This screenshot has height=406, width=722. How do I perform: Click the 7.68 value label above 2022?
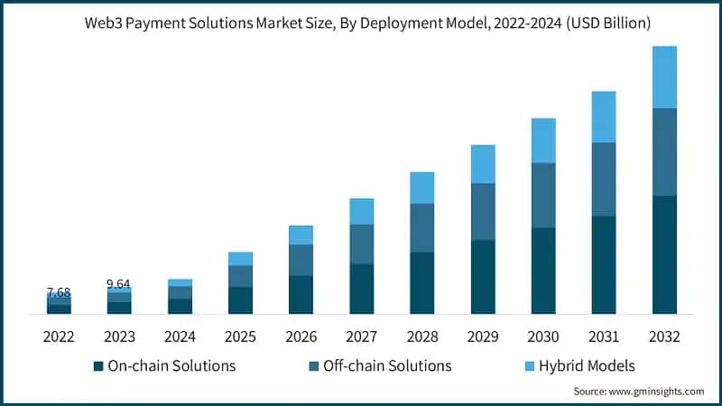tap(58, 292)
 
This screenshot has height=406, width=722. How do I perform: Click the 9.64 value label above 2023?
tap(118, 283)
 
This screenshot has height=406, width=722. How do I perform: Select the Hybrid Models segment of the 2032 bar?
tap(664, 77)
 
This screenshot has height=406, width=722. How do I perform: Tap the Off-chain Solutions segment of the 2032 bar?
tap(664, 152)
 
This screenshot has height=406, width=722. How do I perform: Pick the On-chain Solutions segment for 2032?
tap(664, 254)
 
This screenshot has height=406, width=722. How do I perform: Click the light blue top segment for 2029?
tap(483, 163)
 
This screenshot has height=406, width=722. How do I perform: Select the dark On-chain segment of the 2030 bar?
tap(543, 271)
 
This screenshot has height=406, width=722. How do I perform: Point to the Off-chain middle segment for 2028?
tap(422, 227)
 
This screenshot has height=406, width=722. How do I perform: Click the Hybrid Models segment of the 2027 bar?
tap(362, 211)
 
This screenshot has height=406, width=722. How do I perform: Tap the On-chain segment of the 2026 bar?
tap(301, 294)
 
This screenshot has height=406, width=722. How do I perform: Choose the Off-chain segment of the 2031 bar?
tap(604, 179)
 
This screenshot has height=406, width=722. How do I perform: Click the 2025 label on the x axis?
tap(240, 337)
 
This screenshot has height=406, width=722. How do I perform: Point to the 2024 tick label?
tap(180, 337)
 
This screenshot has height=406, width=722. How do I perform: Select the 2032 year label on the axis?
tap(664, 337)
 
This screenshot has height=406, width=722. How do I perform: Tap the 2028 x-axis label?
tap(422, 337)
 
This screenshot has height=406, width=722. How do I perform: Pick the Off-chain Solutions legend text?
tap(387, 365)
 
